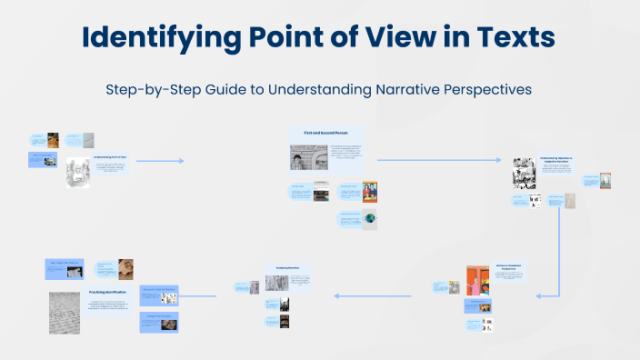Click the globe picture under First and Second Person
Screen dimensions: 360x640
click(369, 218)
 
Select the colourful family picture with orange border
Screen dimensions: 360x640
click(369, 191)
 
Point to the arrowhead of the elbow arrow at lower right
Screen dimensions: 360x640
click(539, 295)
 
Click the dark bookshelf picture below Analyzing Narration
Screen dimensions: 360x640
click(284, 321)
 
